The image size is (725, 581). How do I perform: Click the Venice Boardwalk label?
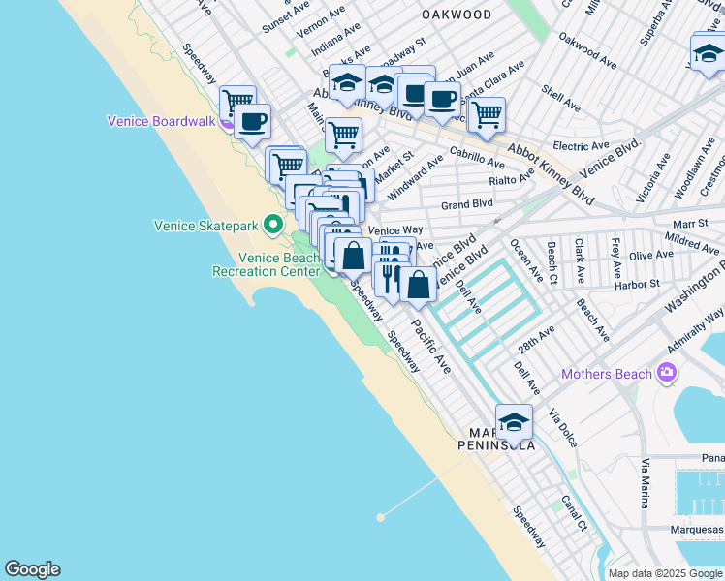coord(161,121)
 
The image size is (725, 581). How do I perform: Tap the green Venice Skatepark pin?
coord(274,226)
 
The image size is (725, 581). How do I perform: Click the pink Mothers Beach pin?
coord(666,373)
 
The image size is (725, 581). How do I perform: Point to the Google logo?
coord(32,569)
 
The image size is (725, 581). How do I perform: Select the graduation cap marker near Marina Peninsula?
coord(514,422)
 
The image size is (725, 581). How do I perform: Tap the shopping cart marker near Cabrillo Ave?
coord(487,114)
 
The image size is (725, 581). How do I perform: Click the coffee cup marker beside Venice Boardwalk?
coord(252,122)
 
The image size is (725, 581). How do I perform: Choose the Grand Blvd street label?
coord(467,204)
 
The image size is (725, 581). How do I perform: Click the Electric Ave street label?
coord(580,146)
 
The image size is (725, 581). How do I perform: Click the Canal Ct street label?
coord(575,514)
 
